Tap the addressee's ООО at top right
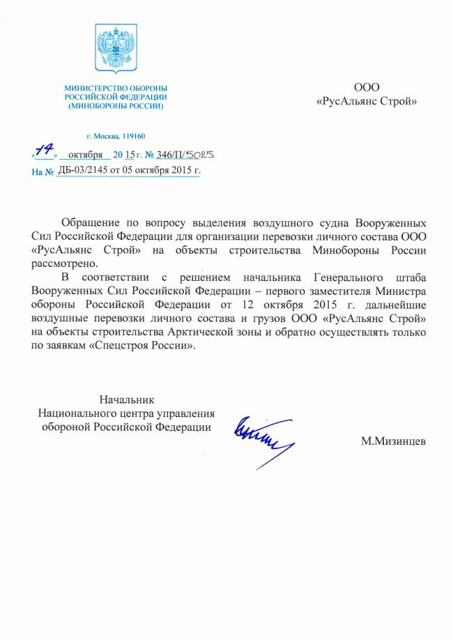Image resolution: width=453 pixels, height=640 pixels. [x=367, y=88]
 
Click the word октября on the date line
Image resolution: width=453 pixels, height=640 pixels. [x=86, y=154]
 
